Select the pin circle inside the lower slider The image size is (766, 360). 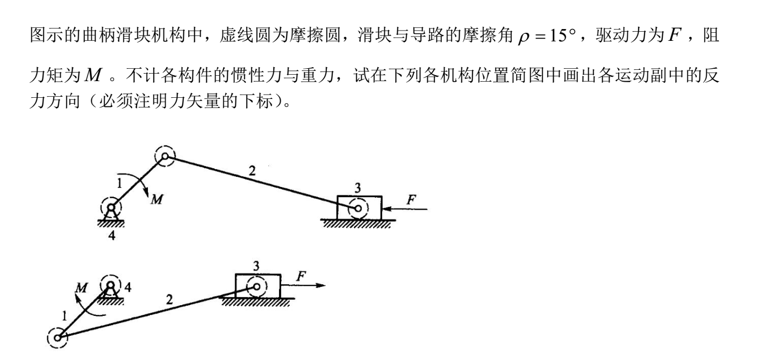pyautogui.click(x=257, y=287)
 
